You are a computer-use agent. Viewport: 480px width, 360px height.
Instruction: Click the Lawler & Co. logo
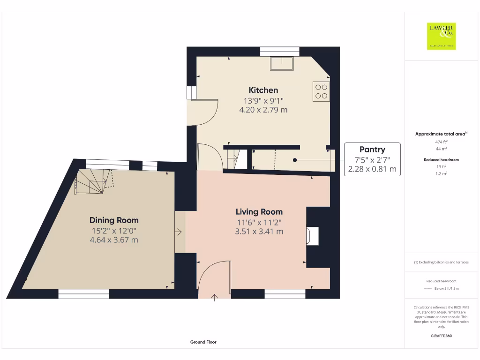441,36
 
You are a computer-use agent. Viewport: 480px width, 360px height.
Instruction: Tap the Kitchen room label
263,90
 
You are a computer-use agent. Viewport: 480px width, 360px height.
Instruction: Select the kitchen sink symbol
281,63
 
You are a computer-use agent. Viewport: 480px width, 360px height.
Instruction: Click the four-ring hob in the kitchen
321,91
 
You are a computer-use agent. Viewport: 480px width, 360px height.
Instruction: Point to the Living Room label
259,212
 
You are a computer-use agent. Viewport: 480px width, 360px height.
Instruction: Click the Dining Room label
114,220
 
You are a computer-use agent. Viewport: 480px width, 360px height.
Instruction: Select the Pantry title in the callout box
372,150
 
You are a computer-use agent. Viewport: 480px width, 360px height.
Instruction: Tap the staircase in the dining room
94,181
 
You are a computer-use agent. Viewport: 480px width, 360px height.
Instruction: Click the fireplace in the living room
313,236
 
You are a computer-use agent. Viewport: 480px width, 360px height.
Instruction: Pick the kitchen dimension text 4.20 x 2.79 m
263,110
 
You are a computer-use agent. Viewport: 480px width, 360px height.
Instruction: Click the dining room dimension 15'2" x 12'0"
114,230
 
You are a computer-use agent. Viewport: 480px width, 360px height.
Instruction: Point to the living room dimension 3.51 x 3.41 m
259,232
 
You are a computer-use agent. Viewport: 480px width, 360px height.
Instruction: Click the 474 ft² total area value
441,142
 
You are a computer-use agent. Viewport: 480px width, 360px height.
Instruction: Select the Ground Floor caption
203,342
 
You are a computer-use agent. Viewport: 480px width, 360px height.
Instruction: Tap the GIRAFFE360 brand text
441,336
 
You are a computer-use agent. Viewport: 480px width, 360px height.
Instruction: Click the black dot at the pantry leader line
295,160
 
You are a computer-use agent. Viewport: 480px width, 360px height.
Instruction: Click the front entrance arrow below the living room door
215,297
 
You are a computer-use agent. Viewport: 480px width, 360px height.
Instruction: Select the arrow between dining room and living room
179,232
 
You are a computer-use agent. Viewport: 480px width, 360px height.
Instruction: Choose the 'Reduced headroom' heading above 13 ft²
441,160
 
